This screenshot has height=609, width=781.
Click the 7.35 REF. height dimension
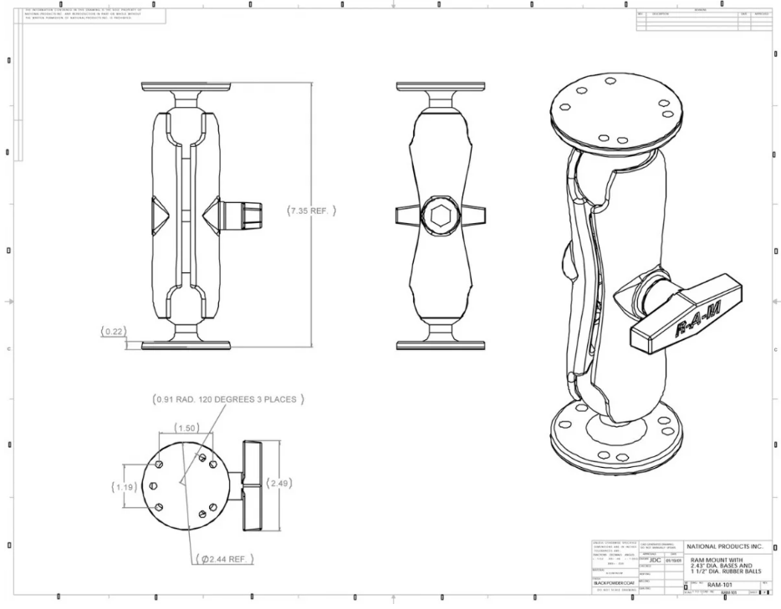[312, 211]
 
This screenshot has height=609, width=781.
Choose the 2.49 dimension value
[278, 483]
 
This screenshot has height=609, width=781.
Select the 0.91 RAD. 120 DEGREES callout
[228, 399]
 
